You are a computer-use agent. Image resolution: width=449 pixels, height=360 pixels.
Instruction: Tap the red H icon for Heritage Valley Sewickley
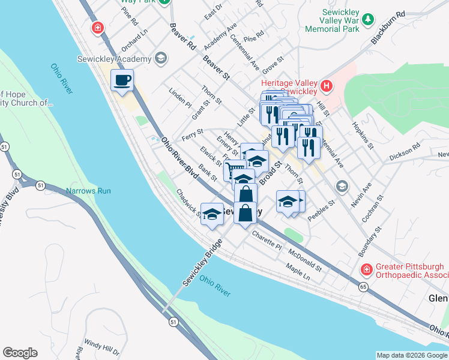326,86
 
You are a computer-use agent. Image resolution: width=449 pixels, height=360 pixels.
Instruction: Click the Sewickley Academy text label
113,59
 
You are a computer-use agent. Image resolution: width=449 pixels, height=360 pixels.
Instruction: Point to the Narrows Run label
88,191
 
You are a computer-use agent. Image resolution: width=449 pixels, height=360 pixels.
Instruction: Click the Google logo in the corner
20,353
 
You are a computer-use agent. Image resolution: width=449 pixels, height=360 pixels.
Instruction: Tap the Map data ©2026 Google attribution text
411,355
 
